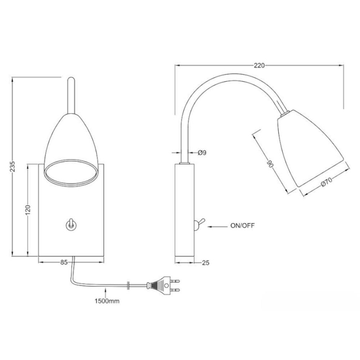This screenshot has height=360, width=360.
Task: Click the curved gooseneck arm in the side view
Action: point(216,91)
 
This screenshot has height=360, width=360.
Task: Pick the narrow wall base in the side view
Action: point(185,209)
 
